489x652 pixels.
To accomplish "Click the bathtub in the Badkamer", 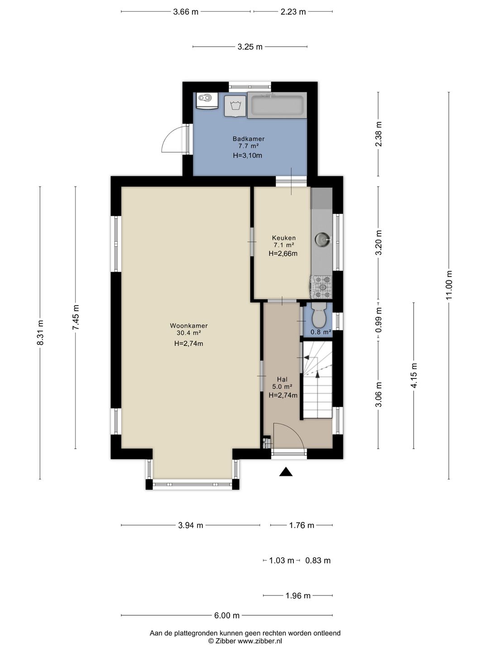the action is (x=277, y=105).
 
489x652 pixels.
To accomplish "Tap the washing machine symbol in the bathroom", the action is (x=235, y=106).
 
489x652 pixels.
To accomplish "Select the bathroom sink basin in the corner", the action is (x=206, y=101).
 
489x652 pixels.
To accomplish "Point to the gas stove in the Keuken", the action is (x=321, y=287).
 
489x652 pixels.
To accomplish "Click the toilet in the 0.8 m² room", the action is (x=319, y=316).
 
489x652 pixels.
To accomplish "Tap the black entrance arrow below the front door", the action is (x=286, y=471).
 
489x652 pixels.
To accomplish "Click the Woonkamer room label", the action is (x=188, y=326).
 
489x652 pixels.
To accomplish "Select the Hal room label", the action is (x=282, y=379).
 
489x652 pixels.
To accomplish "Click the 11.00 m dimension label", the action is (x=449, y=285).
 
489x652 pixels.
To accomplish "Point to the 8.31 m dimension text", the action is (x=40, y=332).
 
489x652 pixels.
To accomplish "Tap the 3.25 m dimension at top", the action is (x=250, y=47).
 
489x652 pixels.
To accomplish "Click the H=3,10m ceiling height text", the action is (x=248, y=155).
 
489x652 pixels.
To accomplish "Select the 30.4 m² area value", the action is (x=188, y=333).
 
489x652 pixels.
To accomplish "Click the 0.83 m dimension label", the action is (x=318, y=561).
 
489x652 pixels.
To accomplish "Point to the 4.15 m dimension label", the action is (x=414, y=375).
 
